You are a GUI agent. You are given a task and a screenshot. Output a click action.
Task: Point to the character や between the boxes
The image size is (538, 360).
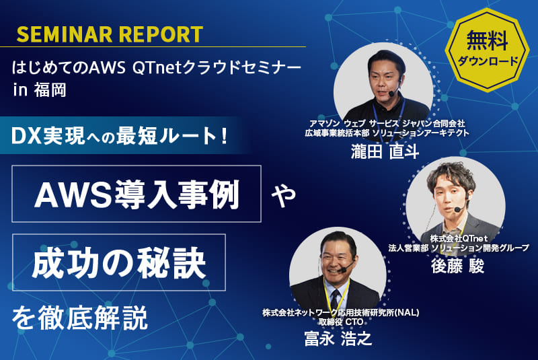point(280,195)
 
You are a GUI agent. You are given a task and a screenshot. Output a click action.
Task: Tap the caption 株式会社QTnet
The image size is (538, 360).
point(458,238)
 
